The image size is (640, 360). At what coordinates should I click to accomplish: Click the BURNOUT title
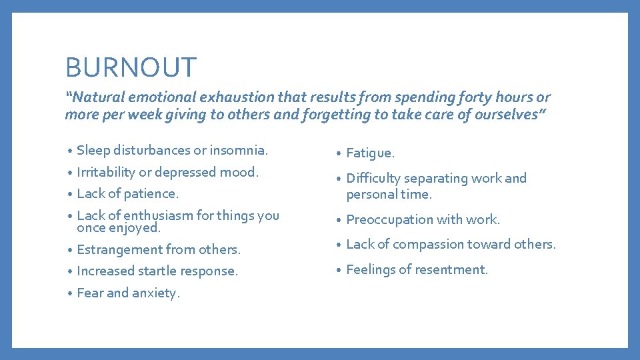[x=131, y=67]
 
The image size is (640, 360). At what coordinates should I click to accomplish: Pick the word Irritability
[x=105, y=172]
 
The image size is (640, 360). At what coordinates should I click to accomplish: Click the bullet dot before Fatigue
[x=339, y=154]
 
